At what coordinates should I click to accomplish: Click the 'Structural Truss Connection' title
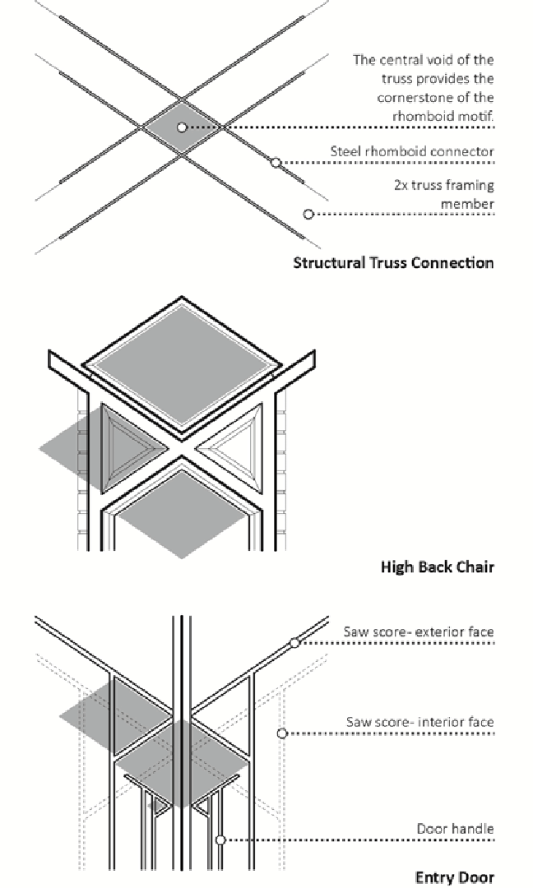[x=393, y=263]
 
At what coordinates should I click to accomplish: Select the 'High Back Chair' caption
[x=437, y=567]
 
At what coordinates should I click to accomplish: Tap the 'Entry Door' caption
[x=454, y=877]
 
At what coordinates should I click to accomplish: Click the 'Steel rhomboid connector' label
[x=412, y=151]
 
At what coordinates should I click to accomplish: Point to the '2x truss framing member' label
[x=443, y=194]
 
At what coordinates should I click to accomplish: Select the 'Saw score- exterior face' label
[x=419, y=631]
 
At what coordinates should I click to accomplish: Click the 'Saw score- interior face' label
[x=419, y=722]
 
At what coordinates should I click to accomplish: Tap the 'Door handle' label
[x=455, y=828]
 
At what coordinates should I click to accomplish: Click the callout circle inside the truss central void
[x=182, y=127]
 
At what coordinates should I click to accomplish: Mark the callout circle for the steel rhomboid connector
[x=276, y=163]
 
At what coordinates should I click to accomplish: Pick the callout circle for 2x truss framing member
[x=308, y=215]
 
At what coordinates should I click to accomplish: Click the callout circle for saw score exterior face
[x=294, y=643]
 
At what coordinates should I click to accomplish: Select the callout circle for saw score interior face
[x=281, y=733]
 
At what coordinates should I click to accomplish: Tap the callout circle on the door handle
[x=220, y=840]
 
